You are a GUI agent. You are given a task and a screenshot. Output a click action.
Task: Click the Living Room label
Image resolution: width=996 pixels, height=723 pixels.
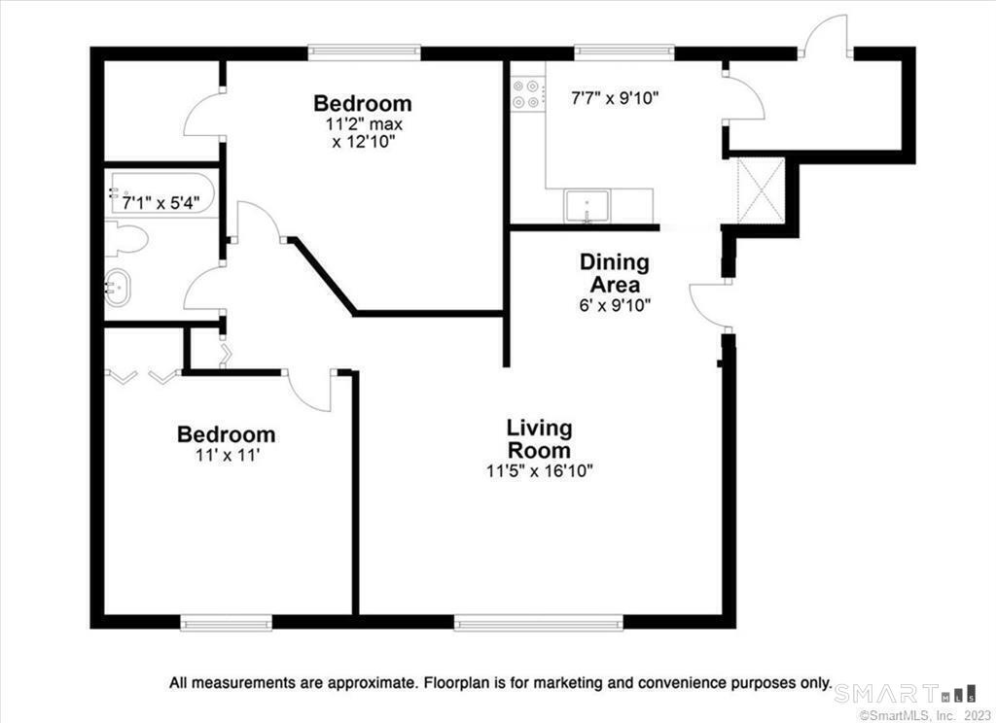539,438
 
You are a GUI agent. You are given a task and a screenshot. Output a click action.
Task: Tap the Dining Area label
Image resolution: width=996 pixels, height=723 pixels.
615,273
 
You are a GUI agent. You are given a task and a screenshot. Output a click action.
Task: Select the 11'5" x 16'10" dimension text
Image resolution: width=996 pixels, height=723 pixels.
539,471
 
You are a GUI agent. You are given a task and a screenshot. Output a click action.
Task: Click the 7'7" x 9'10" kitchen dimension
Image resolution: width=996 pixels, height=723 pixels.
615,98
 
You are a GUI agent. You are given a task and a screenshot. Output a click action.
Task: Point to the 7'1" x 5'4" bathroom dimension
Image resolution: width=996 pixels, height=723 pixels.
160,203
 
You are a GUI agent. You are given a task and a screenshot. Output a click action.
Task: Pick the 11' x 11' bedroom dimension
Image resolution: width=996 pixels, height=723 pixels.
228,455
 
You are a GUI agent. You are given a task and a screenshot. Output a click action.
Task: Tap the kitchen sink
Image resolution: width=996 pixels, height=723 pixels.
587,206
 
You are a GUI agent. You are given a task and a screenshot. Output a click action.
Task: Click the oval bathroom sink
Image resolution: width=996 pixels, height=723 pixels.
118,289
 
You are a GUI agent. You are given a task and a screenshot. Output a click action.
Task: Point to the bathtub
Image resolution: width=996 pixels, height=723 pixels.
162,193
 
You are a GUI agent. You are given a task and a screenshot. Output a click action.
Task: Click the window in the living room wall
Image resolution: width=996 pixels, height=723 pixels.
539,623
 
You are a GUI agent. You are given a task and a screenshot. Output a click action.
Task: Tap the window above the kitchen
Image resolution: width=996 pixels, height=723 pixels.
623,52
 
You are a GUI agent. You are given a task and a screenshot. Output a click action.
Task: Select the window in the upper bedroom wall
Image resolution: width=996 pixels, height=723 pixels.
365,52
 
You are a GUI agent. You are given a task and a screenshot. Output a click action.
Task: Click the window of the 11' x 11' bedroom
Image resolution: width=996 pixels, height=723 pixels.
226,623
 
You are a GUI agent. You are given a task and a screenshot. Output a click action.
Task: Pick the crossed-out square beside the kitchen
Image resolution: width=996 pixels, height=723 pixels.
761,190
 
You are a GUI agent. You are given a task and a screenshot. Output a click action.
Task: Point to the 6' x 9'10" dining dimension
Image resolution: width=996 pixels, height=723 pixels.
615,305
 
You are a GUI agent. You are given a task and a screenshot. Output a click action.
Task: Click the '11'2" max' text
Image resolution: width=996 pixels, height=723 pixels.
360,123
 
